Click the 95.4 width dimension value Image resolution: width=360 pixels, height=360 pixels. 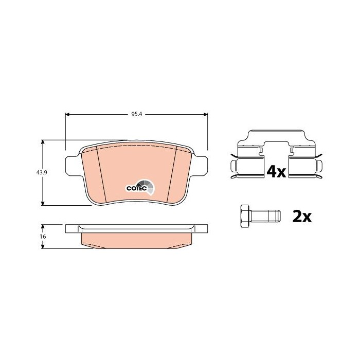point(137,114)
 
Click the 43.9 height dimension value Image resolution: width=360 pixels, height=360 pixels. point(42,172)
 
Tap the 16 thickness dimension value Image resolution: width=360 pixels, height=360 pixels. point(43,236)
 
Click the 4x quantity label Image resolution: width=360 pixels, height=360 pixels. point(276,172)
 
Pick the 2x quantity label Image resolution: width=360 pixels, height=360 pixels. point(302,217)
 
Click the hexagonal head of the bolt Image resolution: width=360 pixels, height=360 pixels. point(245,216)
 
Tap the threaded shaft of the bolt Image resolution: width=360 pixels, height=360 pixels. point(266,216)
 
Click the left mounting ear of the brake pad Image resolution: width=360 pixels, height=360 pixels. point(73,165)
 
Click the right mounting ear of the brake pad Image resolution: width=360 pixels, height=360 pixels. point(200,165)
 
